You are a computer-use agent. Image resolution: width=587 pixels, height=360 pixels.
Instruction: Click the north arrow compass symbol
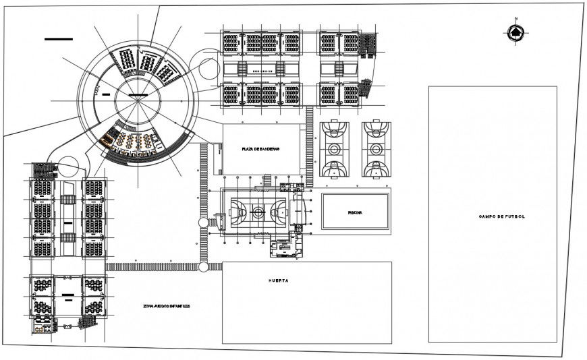point(515,32)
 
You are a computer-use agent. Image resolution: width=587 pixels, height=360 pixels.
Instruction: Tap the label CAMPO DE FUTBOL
point(501,216)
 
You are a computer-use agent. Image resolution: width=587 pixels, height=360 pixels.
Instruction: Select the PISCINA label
point(355,212)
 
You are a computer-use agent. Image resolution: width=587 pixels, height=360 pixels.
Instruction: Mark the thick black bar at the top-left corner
point(58,39)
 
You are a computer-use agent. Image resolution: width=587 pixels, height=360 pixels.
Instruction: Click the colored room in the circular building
point(107,141)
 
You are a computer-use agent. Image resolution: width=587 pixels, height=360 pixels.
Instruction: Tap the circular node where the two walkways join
point(203,267)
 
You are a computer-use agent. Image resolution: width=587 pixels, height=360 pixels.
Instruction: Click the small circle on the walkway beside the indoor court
point(202,222)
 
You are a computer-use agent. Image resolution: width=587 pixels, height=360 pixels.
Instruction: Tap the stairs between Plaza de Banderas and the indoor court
point(267,180)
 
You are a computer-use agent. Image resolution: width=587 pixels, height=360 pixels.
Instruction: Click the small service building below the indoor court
point(284,247)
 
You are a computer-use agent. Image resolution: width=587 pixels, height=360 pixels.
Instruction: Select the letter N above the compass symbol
point(515,20)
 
